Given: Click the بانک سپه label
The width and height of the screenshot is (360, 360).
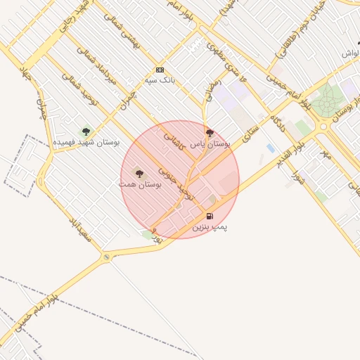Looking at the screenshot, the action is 160,80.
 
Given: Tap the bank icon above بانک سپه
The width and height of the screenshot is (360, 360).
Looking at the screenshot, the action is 160,70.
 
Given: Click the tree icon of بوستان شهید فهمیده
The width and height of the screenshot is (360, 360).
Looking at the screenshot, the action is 86,131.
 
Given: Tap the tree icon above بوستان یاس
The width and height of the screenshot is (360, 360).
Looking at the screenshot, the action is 209,131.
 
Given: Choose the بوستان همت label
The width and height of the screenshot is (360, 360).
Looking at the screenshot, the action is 140,184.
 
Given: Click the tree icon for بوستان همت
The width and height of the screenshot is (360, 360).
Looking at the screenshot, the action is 139,172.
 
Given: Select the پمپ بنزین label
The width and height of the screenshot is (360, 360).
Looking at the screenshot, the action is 210,227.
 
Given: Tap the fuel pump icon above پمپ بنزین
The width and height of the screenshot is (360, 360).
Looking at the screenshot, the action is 210,216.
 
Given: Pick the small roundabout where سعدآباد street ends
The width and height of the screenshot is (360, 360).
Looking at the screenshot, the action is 106,257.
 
